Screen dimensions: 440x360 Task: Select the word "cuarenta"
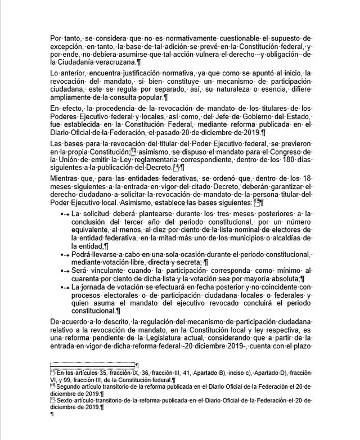coord(87,279)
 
